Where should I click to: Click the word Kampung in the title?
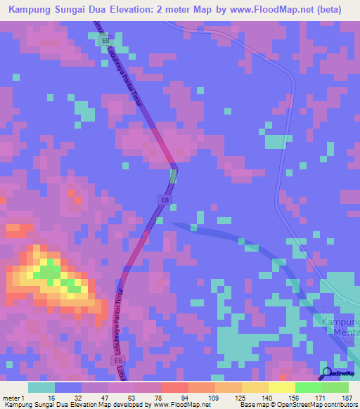point(33,10)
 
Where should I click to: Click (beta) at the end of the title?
point(330,10)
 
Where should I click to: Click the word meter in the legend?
point(10,397)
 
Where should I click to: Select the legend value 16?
point(51,397)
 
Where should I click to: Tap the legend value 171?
point(321,397)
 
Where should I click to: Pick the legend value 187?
point(347,397)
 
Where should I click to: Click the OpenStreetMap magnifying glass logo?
point(327,373)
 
